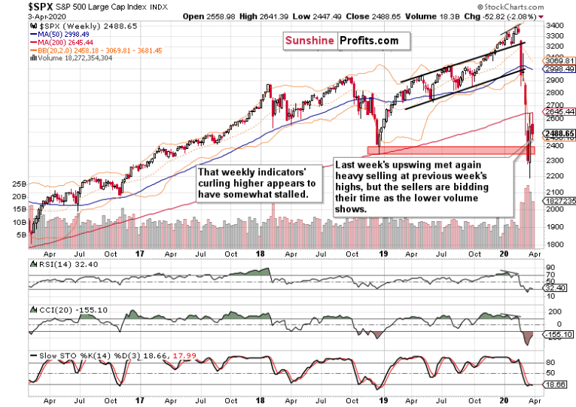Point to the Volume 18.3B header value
[x=429, y=15]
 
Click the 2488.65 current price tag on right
[x=560, y=134]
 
